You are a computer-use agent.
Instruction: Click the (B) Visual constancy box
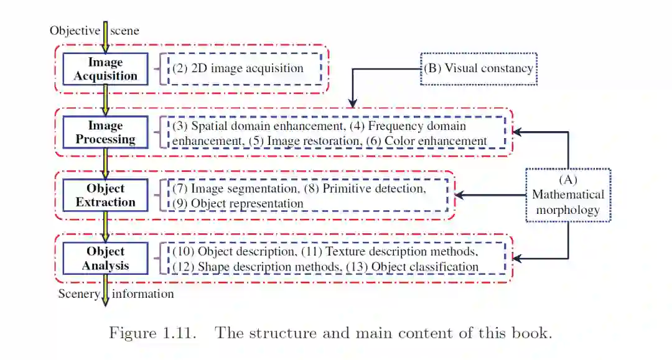[x=478, y=68]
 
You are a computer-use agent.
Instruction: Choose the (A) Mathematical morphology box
[x=567, y=195]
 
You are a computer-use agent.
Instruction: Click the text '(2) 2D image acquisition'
[x=238, y=68]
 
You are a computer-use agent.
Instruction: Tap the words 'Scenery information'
[x=116, y=293]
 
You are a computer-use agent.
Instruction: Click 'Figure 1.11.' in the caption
[x=152, y=333]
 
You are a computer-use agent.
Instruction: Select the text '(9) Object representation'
[x=238, y=203]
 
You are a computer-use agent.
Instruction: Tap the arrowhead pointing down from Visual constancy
[x=352, y=102]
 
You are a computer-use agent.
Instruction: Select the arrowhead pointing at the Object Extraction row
[x=459, y=195]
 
